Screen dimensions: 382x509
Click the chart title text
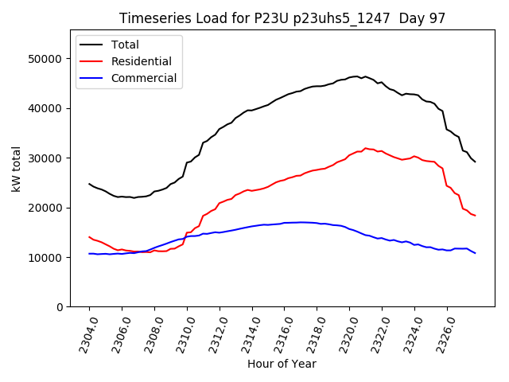[x=282, y=18]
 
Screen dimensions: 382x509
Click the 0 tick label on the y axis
[x=59, y=307]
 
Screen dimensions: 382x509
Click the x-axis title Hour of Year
[x=282, y=364]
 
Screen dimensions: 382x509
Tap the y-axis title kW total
[x=17, y=169]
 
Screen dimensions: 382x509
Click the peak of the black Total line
[x=357, y=76]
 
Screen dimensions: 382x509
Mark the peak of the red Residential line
[x=365, y=148]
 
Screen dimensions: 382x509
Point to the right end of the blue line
[x=475, y=253]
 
